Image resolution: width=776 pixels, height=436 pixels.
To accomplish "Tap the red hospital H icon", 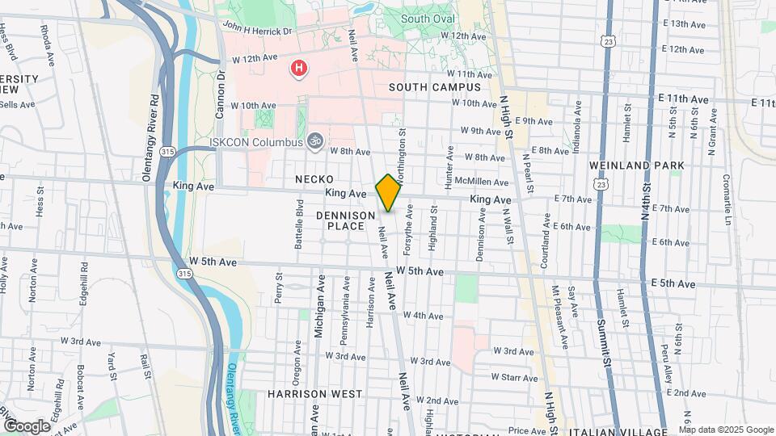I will [x=299, y=69].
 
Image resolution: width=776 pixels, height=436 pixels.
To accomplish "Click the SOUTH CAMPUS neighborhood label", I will [x=435, y=87].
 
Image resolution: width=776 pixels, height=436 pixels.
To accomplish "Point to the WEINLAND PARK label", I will [x=636, y=166].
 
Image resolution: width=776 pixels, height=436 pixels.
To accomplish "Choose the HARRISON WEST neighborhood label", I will [x=314, y=394].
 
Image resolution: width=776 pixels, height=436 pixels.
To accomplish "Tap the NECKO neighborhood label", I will [x=314, y=178].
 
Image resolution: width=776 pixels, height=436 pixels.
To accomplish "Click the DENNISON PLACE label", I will [x=346, y=220].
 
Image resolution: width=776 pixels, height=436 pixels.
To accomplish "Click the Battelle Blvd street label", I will [x=299, y=224].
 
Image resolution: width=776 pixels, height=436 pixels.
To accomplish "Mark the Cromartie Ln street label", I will [x=727, y=200].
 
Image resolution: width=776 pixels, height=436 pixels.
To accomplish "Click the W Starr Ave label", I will [x=514, y=377].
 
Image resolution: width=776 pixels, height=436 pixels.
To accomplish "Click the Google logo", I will [x=27, y=426].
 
